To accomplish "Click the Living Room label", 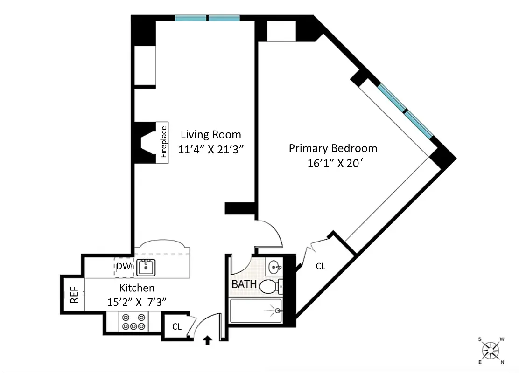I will click(211, 135).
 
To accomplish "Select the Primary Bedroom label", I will click(333, 148).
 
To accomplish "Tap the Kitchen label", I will click(137, 288).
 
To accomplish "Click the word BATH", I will click(244, 284).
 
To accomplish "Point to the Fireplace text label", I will click(163, 142).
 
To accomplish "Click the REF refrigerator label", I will click(74, 295).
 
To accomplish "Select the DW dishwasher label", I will click(123, 267).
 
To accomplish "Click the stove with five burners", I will click(133, 322).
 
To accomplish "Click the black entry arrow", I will click(208, 342).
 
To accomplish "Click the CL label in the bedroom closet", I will click(320, 266).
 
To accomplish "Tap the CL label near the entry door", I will click(176, 327).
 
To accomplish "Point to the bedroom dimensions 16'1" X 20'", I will click(333, 164).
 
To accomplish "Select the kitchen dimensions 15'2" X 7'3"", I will click(137, 302).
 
